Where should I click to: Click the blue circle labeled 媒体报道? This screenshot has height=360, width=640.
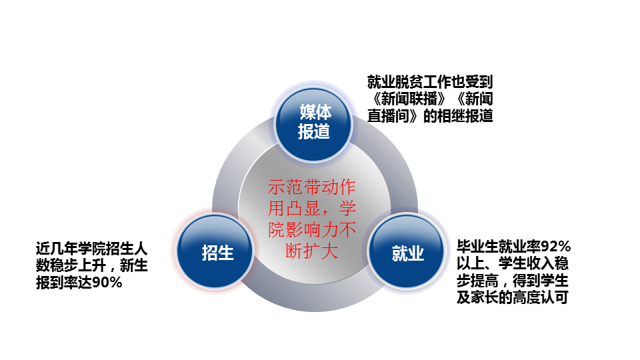[313, 123]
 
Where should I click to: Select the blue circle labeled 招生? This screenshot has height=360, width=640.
[215, 251]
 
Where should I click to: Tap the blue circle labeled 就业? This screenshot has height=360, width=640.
[406, 252]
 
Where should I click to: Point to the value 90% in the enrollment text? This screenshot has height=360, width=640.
[107, 283]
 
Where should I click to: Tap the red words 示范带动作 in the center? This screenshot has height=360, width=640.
[312, 187]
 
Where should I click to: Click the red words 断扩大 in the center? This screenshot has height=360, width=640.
[312, 251]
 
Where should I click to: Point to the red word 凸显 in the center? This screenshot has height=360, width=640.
[303, 209]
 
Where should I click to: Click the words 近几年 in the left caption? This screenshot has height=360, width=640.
[57, 249]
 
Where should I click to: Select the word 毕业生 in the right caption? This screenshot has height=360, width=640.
[477, 247]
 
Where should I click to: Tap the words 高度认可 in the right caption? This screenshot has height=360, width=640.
[541, 298]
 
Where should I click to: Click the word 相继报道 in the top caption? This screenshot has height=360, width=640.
[465, 116]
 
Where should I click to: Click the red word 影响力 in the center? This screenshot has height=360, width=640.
[312, 230]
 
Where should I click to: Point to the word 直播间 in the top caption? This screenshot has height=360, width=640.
[389, 116]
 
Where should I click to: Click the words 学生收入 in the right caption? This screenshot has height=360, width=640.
[527, 264]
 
